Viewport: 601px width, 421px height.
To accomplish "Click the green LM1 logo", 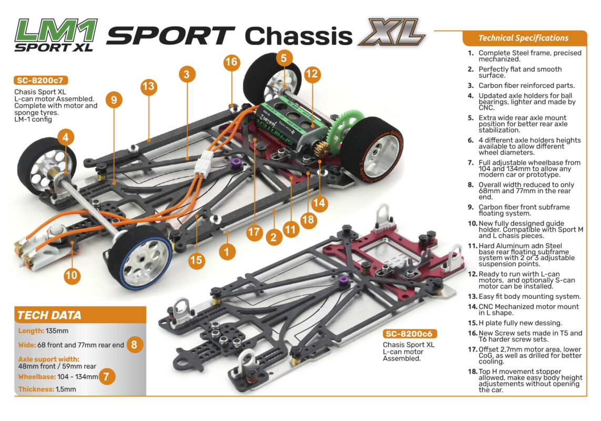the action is (56, 31).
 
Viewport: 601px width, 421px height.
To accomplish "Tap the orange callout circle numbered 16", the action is (231, 62).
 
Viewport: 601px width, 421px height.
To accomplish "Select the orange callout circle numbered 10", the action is (72, 275).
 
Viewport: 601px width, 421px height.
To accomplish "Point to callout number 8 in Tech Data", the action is (134, 345).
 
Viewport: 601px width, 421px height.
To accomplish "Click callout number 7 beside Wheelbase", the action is (107, 376).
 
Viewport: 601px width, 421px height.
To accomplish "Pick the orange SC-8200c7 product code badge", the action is (40, 80).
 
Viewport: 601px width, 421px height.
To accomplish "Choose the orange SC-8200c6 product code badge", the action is (410, 334).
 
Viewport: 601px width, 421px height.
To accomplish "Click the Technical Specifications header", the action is (523, 38).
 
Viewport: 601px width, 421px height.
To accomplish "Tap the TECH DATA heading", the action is (49, 315).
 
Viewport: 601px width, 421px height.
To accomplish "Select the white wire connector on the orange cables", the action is (203, 163).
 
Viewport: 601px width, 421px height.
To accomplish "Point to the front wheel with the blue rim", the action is (140, 257).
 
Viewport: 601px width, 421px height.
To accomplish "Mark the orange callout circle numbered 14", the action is (319, 203).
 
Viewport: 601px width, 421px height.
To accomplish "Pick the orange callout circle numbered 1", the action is (227, 252).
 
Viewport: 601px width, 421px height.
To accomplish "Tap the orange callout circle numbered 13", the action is (149, 86).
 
